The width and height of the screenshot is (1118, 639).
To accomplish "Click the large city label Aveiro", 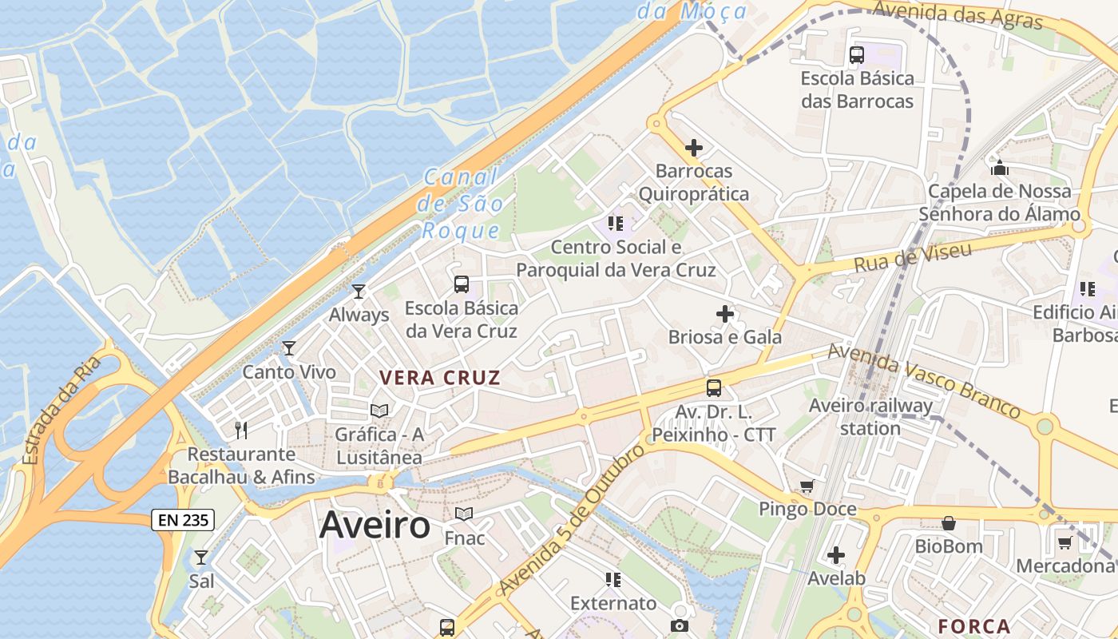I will coord(375,526).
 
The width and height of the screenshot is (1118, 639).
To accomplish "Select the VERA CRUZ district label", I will coord(440,378).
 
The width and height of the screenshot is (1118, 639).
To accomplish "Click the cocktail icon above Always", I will coord(359,292).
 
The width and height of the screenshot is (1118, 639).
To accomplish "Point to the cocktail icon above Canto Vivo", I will coord(289,348).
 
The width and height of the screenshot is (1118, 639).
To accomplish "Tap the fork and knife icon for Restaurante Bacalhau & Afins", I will coord(241,431).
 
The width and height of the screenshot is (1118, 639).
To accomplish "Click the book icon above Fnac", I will coord(464,514).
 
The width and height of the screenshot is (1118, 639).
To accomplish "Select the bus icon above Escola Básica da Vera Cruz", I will coord(461,284).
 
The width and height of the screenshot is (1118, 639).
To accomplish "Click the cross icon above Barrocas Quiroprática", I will coord(694,148).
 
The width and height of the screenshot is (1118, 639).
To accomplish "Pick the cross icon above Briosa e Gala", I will coord(725,314).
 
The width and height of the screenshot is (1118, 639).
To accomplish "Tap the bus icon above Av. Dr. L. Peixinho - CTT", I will coord(714,388).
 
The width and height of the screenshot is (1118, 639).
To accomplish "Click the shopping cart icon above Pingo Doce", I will coord(807,486).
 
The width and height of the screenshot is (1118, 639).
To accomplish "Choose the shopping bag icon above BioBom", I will coord(949,523).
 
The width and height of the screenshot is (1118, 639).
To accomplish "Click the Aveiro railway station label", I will coord(870,416).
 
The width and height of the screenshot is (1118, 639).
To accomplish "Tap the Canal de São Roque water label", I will coord(461,204).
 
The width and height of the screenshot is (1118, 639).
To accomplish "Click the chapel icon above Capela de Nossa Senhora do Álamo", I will coord(1000,168).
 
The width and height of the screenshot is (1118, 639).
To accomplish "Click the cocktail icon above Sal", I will coord(201,557).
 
